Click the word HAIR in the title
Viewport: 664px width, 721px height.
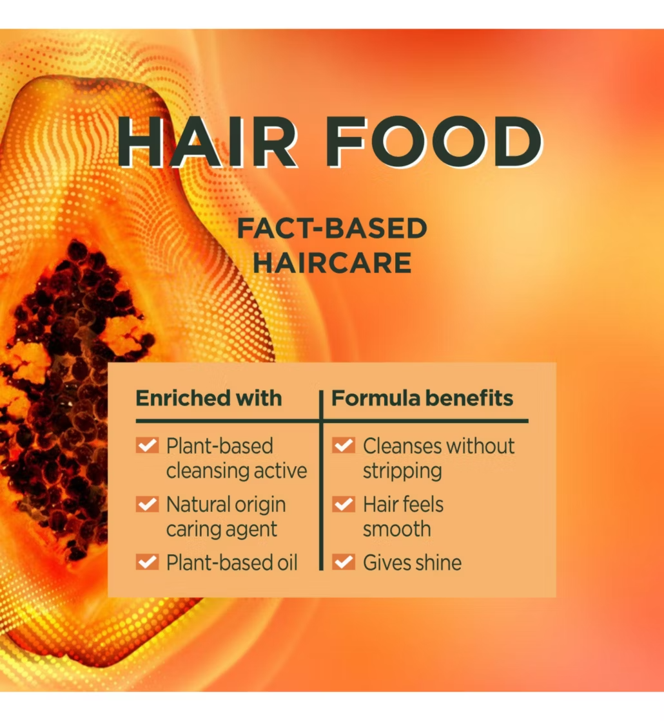point(207,141)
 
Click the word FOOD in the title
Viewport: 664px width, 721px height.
point(435,141)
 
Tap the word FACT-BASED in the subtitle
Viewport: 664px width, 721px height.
point(331,229)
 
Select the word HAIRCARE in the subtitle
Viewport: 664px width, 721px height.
point(331,263)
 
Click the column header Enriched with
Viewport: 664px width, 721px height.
point(209,398)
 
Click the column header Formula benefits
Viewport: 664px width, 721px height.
point(422,398)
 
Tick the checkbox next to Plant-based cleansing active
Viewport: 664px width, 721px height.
point(148,445)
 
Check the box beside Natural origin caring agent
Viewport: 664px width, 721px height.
point(148,504)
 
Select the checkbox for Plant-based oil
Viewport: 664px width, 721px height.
point(148,562)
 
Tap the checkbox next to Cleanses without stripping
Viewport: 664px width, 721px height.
point(344,445)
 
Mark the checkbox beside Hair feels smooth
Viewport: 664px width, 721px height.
point(344,504)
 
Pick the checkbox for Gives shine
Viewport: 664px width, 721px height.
point(344,562)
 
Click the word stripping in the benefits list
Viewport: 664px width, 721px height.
point(402,471)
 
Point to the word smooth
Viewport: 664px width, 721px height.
point(397,529)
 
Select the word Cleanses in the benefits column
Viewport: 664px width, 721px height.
point(402,446)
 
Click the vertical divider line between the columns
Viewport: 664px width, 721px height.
point(321,480)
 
